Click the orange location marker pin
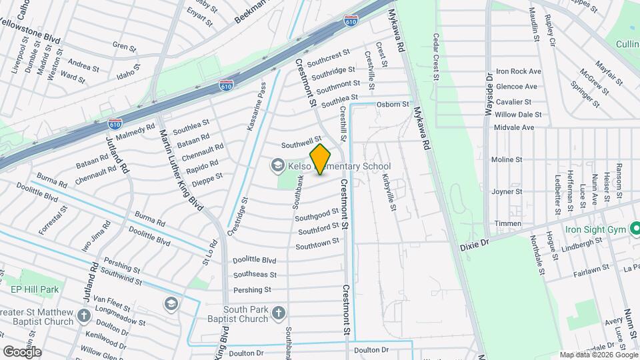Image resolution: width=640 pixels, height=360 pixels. [x=321, y=159]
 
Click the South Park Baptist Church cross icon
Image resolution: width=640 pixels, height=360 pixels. [x=279, y=312]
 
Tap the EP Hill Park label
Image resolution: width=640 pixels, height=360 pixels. [x=35, y=289]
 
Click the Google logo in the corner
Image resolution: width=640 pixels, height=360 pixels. [x=21, y=351]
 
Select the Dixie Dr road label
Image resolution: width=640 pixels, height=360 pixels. [x=474, y=245]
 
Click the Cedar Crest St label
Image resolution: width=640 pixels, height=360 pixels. [x=436, y=57]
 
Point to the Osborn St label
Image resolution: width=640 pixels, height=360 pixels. [x=393, y=104]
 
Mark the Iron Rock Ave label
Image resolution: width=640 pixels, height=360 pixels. [x=518, y=71]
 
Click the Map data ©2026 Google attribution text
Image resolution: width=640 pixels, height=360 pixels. [x=597, y=354]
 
